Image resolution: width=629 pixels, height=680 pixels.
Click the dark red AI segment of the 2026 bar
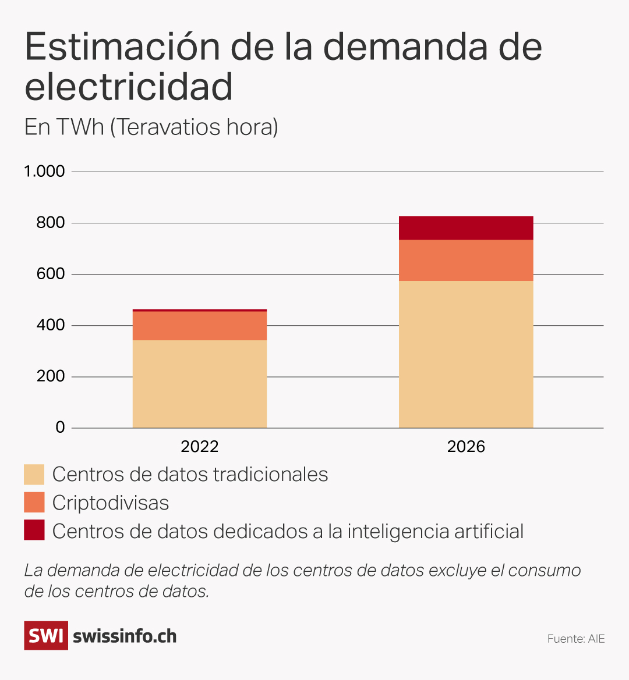click(466, 228)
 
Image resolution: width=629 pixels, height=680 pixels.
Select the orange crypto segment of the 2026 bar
click(466, 261)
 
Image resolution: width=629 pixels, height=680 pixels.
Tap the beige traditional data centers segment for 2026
click(466, 355)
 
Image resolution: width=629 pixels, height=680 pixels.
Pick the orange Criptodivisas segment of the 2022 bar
click(200, 326)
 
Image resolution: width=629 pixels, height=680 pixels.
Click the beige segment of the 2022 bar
click(200, 384)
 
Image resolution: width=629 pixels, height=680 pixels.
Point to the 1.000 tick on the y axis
click(44, 172)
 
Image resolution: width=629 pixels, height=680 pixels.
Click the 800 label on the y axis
click(50, 223)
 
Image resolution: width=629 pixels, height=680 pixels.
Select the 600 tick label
click(50, 274)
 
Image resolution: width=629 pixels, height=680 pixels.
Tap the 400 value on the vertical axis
click(50, 325)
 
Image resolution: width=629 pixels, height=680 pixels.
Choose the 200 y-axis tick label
click(50, 376)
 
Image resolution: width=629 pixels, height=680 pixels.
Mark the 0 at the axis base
click(60, 428)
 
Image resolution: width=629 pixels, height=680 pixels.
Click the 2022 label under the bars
click(200, 447)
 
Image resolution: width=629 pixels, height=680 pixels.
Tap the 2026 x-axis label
click(466, 447)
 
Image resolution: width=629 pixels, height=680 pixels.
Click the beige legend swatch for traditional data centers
click(34, 475)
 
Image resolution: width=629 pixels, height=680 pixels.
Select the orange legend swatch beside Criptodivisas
click(34, 503)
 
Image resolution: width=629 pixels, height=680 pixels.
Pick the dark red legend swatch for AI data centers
click(34, 531)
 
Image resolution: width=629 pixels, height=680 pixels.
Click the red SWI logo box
click(46, 635)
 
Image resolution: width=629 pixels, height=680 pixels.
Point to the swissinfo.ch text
click(125, 636)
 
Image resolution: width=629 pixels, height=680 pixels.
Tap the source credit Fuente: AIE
click(576, 639)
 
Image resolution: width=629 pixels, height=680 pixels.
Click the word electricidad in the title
click(129, 87)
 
